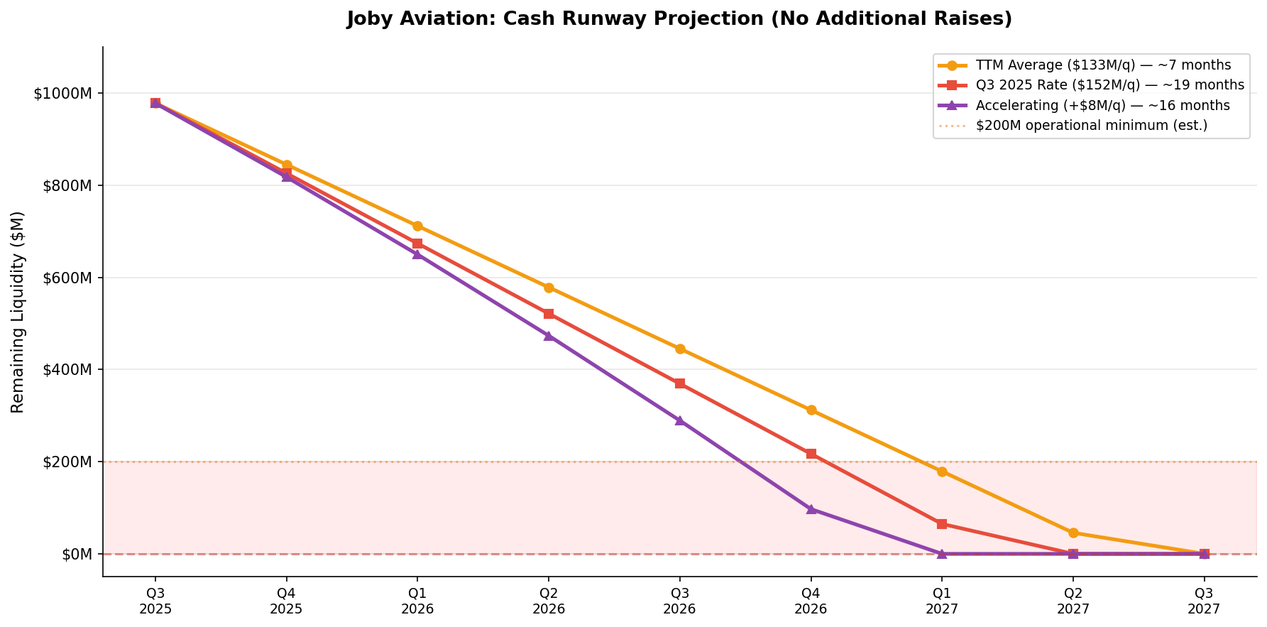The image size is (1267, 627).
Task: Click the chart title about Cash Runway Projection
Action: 679,19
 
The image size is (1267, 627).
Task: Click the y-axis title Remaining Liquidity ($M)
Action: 18,312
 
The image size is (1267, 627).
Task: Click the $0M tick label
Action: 79,554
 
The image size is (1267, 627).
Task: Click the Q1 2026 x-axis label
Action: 417,601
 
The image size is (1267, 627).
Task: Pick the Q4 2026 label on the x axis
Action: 811,601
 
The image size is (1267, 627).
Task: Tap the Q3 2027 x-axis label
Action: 1204,601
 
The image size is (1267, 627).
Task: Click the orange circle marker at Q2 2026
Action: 549,288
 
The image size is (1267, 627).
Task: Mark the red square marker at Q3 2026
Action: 680,383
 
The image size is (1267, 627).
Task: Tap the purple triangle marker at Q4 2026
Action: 811,509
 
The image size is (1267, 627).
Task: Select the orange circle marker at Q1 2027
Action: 942,471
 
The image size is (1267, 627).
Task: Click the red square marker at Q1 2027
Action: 942,524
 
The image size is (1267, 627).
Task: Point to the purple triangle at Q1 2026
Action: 417,254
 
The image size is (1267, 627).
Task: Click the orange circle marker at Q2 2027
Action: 1073,533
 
